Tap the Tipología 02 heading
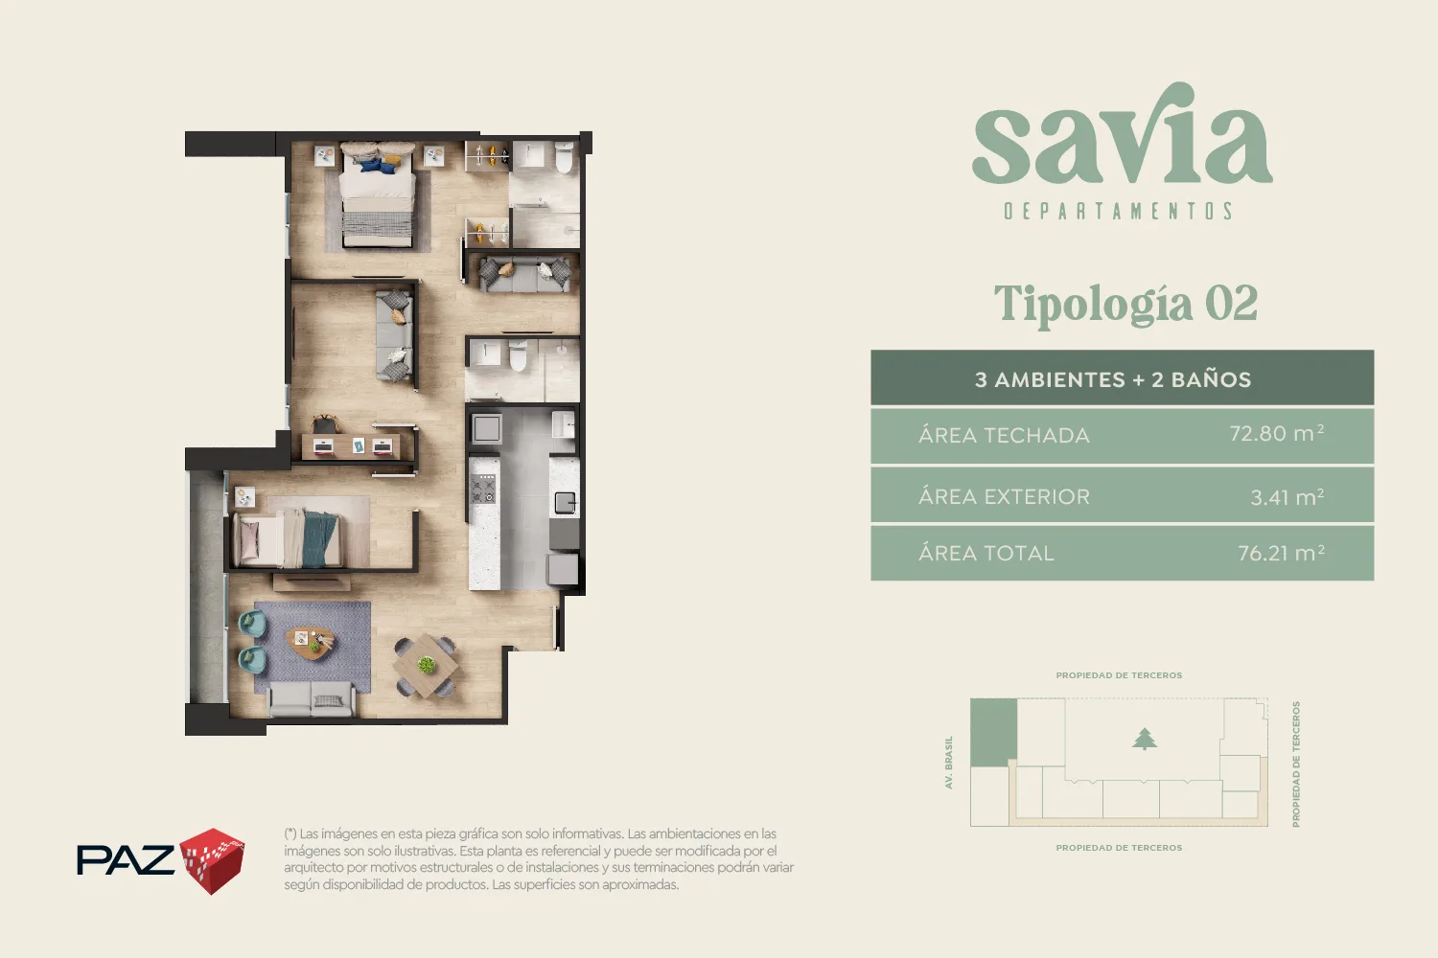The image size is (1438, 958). (1125, 304)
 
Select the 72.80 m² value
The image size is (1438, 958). (1276, 434)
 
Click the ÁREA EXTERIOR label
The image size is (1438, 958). (1004, 495)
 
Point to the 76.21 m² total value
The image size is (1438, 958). (1281, 553)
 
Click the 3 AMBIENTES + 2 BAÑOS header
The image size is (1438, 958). (1112, 379)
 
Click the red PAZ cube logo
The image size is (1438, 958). (212, 861)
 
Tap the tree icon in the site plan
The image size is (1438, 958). (1144, 739)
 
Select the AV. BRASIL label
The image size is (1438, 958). (948, 763)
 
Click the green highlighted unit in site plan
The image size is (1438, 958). (993, 732)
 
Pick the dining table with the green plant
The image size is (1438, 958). (426, 666)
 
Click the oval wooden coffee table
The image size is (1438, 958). (310, 642)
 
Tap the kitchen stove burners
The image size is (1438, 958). (483, 489)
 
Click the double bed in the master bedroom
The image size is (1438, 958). (377, 195)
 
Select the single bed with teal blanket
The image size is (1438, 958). (288, 538)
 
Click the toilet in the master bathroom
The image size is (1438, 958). (565, 158)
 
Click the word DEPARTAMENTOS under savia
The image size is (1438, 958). (1119, 211)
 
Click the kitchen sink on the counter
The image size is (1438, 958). (565, 502)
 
